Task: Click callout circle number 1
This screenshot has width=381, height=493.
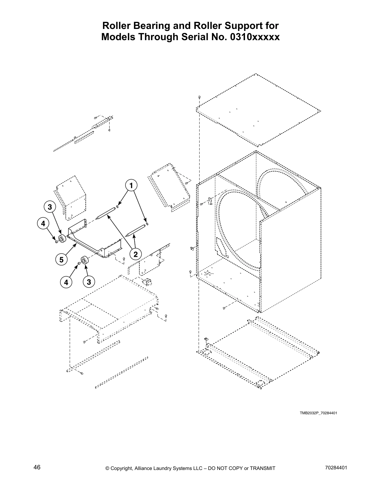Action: (131, 185)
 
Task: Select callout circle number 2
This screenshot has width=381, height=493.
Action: (135, 254)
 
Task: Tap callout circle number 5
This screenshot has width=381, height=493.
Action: (62, 259)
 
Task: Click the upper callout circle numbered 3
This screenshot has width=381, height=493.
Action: (49, 207)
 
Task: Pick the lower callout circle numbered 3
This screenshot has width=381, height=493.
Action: (89, 282)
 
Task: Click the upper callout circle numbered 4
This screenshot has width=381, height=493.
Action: (43, 223)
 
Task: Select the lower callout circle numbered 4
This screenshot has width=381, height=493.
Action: (66, 282)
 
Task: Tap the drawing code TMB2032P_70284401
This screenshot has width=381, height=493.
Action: (318, 413)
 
